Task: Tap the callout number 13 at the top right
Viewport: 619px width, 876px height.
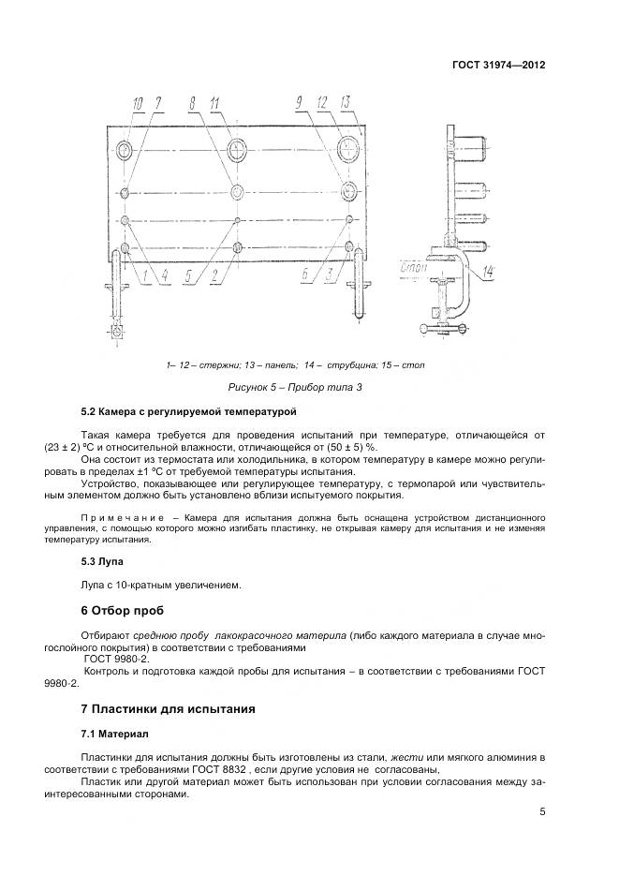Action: [345, 102]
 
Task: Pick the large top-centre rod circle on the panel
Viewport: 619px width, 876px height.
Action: [238, 148]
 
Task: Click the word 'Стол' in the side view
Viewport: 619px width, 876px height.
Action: [413, 267]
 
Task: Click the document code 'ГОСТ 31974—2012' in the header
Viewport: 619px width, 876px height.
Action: [498, 66]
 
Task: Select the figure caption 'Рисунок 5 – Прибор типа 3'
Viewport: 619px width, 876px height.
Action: [295, 386]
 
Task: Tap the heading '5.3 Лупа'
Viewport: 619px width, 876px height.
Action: [103, 561]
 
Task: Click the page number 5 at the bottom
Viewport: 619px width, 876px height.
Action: [542, 811]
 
